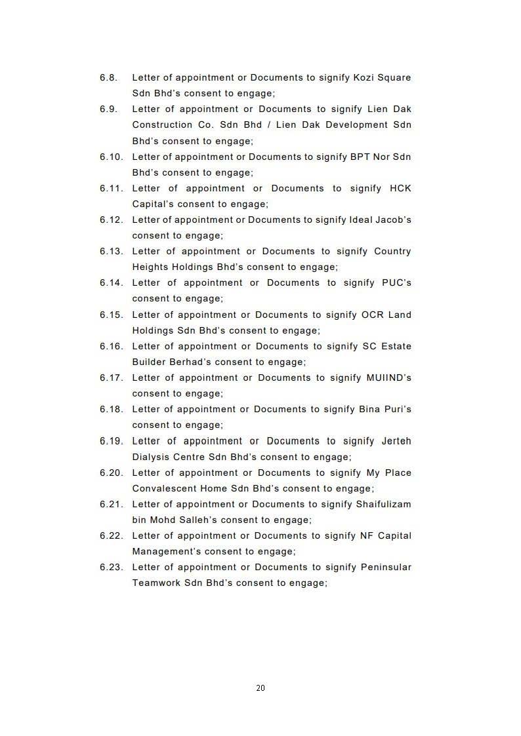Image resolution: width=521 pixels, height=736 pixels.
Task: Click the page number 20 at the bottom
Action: tap(260, 688)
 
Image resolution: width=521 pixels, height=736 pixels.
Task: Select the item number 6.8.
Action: tap(109, 77)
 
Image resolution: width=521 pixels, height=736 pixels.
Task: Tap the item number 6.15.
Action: tap(112, 315)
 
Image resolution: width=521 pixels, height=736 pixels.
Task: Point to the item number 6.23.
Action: tap(112, 567)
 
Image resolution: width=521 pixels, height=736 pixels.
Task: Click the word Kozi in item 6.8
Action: tap(364, 77)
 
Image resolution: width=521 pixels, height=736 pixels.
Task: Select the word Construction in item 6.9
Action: tap(161, 125)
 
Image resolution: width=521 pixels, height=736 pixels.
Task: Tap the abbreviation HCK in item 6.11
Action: tap(400, 188)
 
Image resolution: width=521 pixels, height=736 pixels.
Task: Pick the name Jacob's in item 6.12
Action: tap(394, 220)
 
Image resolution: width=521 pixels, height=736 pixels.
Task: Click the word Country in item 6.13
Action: tap(392, 251)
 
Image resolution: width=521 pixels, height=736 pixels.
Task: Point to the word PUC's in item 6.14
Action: tap(396, 282)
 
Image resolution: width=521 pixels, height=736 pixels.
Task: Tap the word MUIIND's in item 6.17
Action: tap(388, 378)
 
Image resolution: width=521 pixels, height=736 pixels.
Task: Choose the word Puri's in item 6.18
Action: tap(396, 409)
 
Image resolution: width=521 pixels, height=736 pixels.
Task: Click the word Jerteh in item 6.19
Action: tap(396, 441)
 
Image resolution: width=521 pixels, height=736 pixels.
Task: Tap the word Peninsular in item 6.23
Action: tap(386, 567)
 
